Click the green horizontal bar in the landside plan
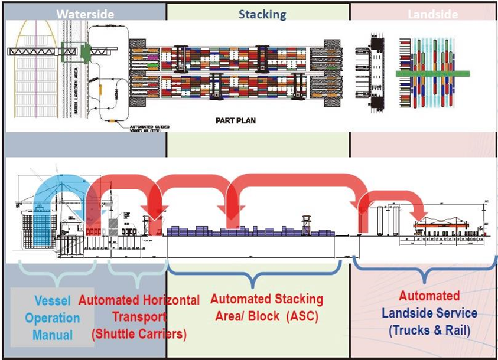[432, 73]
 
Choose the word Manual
[52, 335]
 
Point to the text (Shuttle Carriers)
[139, 333]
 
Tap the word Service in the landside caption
[453, 312]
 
